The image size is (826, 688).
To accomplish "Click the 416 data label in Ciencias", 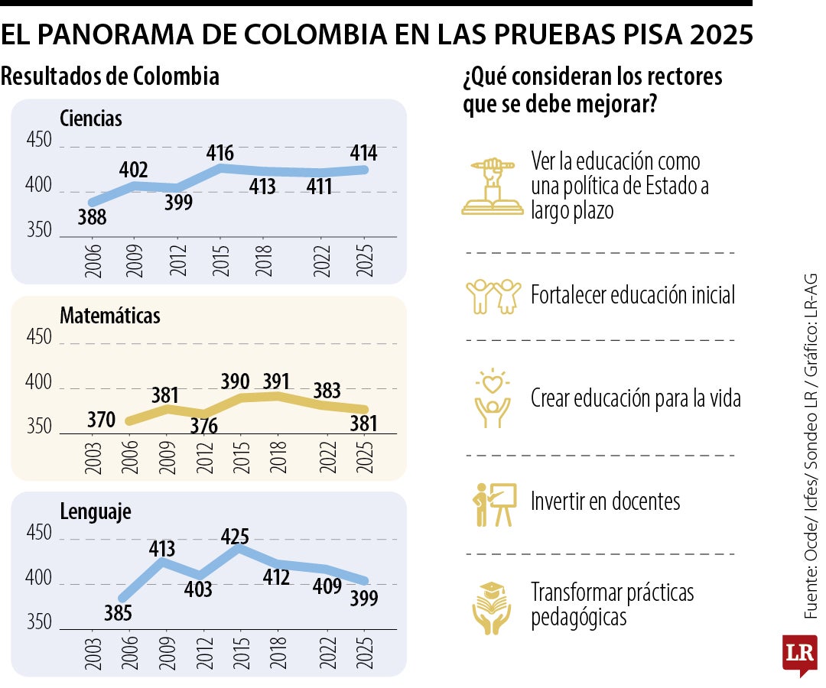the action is [220, 153].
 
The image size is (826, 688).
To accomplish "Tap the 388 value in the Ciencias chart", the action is [93, 217].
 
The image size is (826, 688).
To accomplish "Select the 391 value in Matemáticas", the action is [277, 381].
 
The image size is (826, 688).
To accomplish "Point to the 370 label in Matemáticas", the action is [101, 420].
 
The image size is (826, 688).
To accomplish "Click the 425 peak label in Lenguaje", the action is [235, 537].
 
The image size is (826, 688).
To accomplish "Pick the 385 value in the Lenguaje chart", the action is [118, 613].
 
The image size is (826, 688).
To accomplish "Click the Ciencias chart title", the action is [90, 118].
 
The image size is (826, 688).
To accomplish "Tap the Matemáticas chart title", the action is [110, 315].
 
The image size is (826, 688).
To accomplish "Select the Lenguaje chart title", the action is [96, 511].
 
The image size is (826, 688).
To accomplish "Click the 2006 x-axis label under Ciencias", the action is [93, 261].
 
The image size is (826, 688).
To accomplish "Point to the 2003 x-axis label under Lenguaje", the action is [93, 654].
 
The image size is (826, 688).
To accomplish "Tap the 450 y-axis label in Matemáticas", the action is [39, 337].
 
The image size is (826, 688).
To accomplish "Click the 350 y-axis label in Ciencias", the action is [39, 230].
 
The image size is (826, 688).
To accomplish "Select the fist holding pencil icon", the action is [493, 187].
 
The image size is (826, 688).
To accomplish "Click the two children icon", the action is [493, 297].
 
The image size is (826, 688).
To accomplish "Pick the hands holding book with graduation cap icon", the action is [492, 608].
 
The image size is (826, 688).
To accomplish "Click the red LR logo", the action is [800, 654].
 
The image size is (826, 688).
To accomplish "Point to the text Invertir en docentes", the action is [605, 501].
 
